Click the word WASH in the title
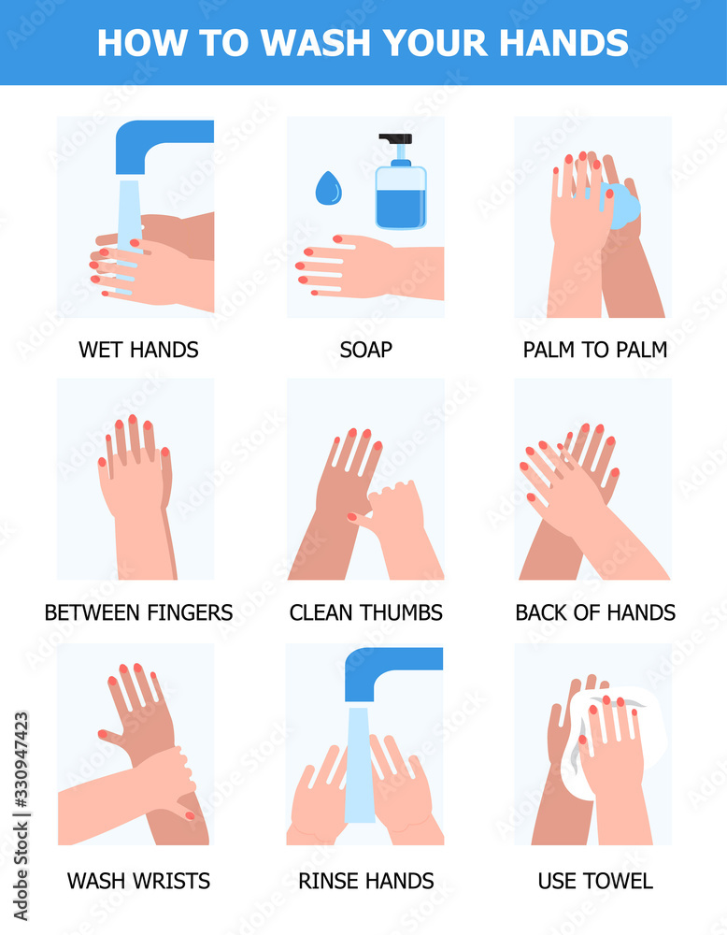coord(317,43)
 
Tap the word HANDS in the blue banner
coord(563,43)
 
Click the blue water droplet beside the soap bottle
coord(328,188)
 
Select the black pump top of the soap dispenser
coord(395,142)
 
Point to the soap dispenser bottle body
coord(401,196)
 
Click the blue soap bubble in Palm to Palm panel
coord(622,206)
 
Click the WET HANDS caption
coord(138,350)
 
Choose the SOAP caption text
coord(366,350)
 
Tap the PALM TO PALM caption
coord(594,350)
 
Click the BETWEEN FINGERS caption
coord(138,612)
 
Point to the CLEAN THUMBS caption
coord(366,612)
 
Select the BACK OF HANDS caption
coord(595,612)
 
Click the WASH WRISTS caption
coord(138,881)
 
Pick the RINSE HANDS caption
coord(366,881)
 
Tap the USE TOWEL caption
coord(595,881)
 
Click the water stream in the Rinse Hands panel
coord(360,765)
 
